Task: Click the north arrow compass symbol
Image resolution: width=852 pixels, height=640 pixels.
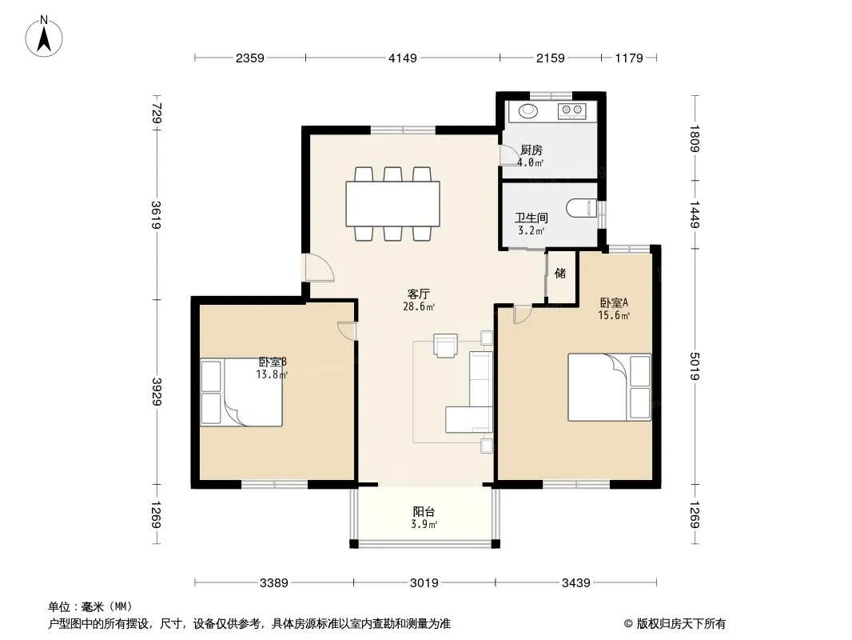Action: click(x=44, y=37)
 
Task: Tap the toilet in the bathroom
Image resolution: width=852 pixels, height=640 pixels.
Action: click(x=581, y=208)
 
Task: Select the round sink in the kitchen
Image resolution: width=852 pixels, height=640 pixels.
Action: click(x=528, y=111)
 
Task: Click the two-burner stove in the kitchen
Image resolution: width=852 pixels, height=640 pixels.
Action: click(x=571, y=111)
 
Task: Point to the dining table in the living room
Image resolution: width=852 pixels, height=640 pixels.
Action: click(x=393, y=203)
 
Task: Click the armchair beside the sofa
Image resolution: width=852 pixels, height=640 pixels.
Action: click(x=445, y=346)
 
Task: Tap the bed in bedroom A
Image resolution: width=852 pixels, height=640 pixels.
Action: click(x=609, y=387)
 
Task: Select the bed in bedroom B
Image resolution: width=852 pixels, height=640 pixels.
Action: click(x=241, y=392)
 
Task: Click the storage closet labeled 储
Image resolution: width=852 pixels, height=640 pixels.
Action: click(x=561, y=276)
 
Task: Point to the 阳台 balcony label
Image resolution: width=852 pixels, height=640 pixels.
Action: click(x=424, y=512)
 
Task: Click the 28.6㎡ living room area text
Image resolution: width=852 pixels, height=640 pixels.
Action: click(x=418, y=306)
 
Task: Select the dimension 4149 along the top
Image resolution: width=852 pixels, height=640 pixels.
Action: click(x=403, y=58)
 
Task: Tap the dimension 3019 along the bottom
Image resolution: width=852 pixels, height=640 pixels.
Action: click(x=424, y=583)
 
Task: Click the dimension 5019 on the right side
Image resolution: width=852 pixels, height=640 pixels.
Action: click(x=695, y=366)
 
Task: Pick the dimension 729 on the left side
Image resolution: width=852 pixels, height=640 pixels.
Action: click(x=157, y=113)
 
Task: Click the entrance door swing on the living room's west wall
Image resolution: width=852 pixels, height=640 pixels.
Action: click(x=318, y=268)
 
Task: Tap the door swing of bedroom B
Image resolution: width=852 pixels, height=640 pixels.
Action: click(x=347, y=330)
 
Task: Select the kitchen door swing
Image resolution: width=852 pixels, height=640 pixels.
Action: click(x=508, y=155)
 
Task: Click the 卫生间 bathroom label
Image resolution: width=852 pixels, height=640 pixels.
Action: click(x=531, y=218)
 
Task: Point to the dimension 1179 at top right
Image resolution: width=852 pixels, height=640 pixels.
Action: click(x=629, y=58)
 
